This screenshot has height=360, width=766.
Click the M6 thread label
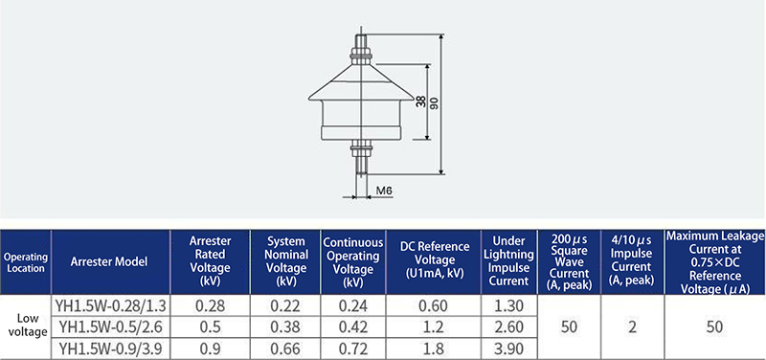click(385, 191)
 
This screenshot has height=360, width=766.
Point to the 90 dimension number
click(435, 103)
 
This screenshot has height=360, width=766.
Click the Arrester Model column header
click(109, 261)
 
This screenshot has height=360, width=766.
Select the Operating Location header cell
click(26, 262)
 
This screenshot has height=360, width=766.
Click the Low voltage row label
click(28, 325)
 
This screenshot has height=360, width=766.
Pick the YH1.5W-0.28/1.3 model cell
click(111, 306)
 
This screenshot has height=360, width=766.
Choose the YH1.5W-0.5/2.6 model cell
click(111, 326)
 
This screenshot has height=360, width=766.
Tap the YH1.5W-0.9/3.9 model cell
click(111, 349)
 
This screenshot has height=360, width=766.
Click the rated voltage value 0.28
click(210, 306)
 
